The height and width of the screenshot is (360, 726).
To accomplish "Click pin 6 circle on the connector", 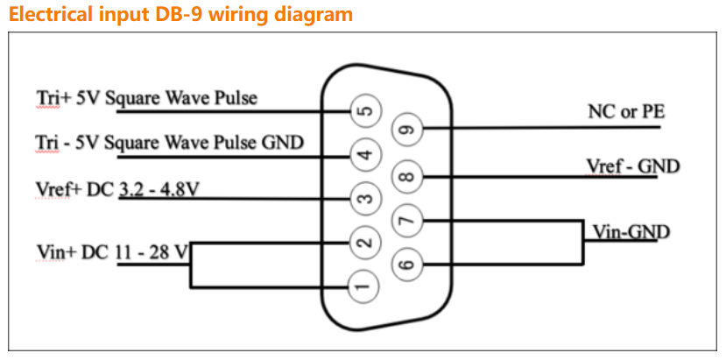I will point(408,263).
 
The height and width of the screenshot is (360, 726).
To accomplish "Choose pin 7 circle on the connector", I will point(408,220).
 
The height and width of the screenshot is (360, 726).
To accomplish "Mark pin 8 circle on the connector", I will point(408,176).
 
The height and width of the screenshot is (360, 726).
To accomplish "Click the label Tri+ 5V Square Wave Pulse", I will point(146,97).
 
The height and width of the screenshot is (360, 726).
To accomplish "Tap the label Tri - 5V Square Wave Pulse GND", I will point(169,142).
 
